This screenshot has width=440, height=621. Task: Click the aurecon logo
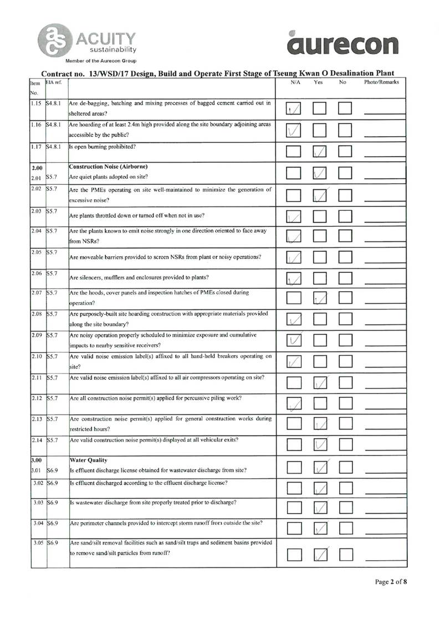[343, 43]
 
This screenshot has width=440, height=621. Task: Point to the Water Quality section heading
[86, 460]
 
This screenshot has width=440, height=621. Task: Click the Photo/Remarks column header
[381, 82]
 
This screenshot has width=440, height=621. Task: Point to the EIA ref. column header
[54, 82]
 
